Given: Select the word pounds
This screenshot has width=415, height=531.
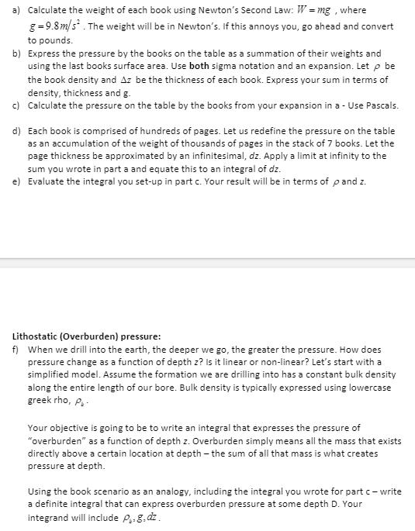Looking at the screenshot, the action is pyautogui.click(x=53, y=40).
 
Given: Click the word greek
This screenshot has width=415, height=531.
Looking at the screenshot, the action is pyautogui.click(x=41, y=400).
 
